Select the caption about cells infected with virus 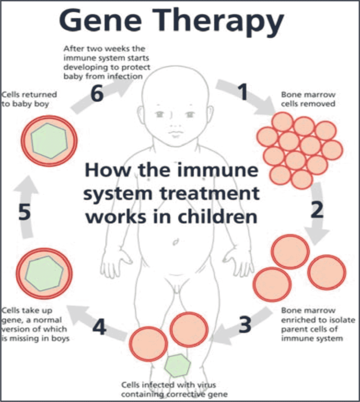click(175, 390)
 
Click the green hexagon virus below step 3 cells click(178, 364)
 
